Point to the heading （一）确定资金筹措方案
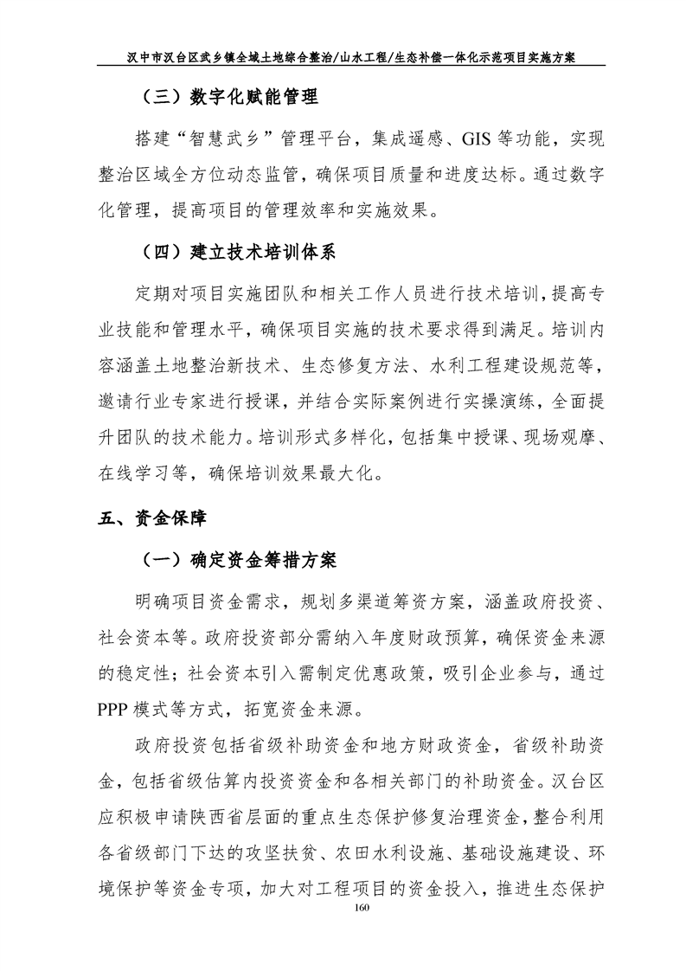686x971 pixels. pyautogui.click(x=238, y=559)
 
